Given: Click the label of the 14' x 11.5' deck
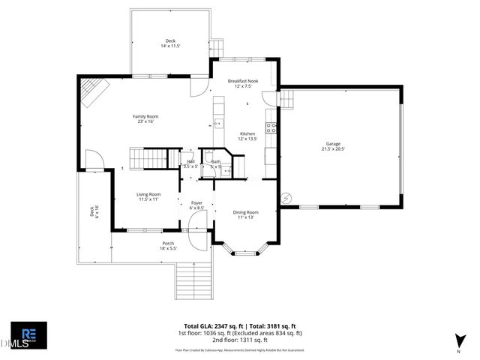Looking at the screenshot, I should pyautogui.click(x=170, y=43).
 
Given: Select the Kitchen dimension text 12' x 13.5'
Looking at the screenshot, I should pyautogui.click(x=247, y=139).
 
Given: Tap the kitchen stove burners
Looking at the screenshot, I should pyautogui.click(x=271, y=127).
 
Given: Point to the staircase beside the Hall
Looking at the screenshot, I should pyautogui.click(x=147, y=159).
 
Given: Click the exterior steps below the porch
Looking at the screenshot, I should pyautogui.click(x=194, y=282).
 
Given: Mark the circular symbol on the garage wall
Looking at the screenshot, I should pyautogui.click(x=285, y=198).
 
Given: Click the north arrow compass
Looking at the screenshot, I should pyautogui.click(x=458, y=342).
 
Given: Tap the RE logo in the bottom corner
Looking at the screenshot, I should pyautogui.click(x=28, y=334).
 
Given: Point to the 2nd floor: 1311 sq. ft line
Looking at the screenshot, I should pyautogui.click(x=240, y=340).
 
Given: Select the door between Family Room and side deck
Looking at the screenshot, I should pyautogui.click(x=94, y=160).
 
